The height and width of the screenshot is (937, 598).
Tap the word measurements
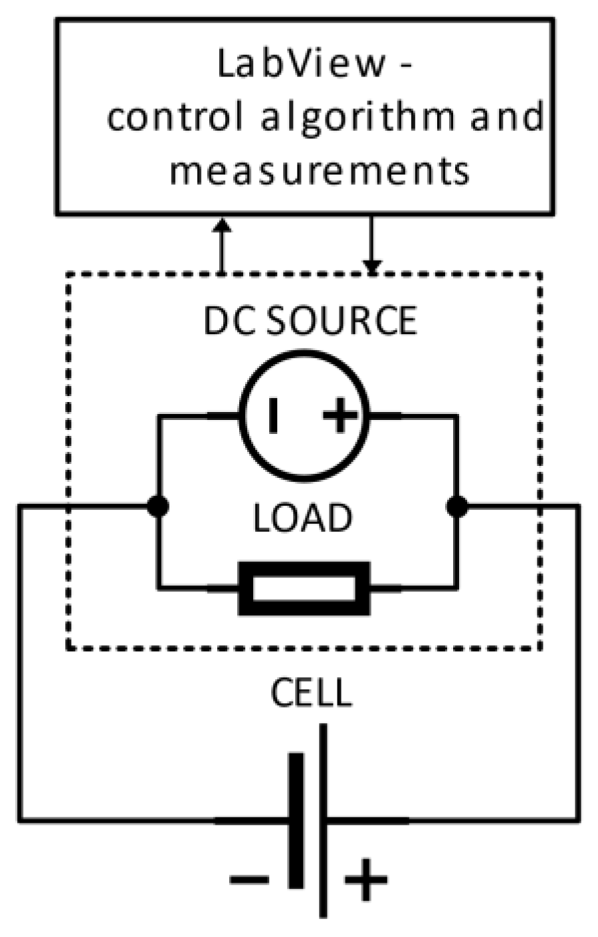(x=320, y=170)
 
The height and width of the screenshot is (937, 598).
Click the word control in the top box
(x=175, y=118)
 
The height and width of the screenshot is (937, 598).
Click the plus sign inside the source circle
(x=340, y=417)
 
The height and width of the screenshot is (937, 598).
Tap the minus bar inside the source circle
(x=272, y=417)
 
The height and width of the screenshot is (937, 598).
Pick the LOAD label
(x=302, y=519)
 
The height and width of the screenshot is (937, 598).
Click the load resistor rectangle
(x=304, y=588)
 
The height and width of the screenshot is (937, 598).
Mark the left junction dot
(x=158, y=506)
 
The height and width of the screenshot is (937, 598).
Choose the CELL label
(x=310, y=693)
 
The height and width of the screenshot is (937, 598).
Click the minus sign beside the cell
(x=249, y=880)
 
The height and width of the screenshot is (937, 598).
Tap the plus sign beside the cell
(x=365, y=880)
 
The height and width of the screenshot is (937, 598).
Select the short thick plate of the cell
(x=296, y=820)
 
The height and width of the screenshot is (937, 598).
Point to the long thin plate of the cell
(x=324, y=820)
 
